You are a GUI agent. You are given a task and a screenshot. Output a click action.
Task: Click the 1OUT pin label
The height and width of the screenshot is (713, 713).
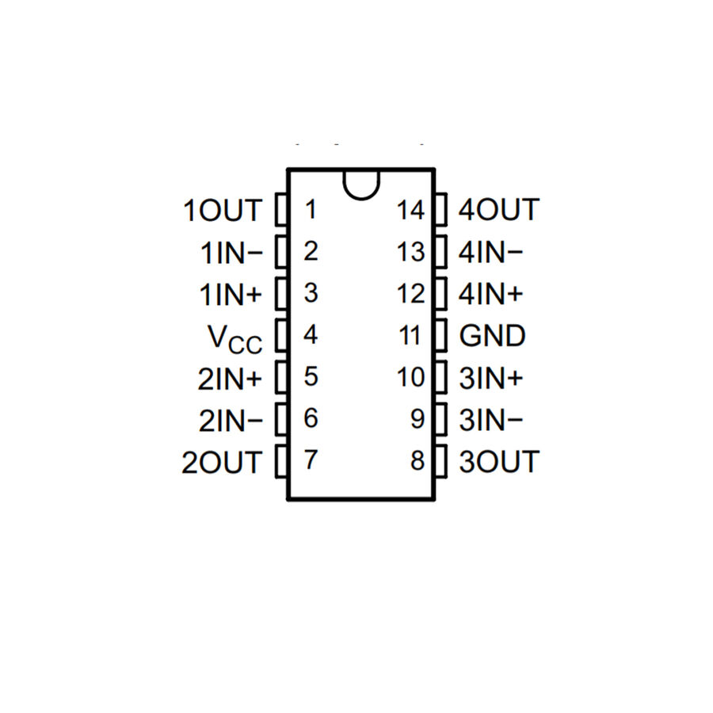point(223,211)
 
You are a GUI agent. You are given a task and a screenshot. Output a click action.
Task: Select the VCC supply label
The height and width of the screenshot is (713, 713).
point(235,339)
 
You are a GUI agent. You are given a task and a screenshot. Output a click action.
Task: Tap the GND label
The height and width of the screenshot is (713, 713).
point(493,336)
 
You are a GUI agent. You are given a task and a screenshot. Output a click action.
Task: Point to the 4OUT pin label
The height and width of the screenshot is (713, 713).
point(499,210)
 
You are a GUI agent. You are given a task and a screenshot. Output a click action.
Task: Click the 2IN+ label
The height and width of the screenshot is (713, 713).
point(230,379)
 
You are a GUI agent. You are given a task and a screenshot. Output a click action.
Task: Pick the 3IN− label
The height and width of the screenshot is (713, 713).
point(491,420)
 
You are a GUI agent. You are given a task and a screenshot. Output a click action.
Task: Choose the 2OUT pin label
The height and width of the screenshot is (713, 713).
point(222,463)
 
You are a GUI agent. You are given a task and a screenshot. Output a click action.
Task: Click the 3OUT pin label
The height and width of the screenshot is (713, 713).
point(499,462)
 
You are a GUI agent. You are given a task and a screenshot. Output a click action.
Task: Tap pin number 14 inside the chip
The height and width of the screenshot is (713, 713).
point(410,210)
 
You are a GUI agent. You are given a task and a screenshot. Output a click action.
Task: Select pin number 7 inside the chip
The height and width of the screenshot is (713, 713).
point(311,459)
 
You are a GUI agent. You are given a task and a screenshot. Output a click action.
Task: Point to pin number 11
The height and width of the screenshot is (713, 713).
point(410,336)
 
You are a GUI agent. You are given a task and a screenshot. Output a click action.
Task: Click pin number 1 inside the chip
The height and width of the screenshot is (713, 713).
point(311,209)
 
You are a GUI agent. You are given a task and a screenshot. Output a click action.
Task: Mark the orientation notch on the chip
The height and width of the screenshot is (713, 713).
point(361,185)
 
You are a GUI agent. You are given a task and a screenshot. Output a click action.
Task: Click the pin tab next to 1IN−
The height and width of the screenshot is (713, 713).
point(281,251)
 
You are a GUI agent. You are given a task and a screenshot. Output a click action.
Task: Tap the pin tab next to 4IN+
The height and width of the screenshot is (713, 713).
point(441,294)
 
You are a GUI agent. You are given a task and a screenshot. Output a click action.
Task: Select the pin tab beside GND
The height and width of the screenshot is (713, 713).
point(441,336)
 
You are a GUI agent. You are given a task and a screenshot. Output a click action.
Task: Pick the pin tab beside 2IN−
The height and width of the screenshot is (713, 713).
point(281,419)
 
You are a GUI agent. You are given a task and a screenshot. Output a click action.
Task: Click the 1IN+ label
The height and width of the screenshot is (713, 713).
point(231,295)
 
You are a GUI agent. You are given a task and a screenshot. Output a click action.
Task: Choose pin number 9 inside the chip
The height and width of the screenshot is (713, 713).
point(418,419)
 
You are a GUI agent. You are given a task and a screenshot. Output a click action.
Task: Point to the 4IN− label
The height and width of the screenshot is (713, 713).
point(490,252)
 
